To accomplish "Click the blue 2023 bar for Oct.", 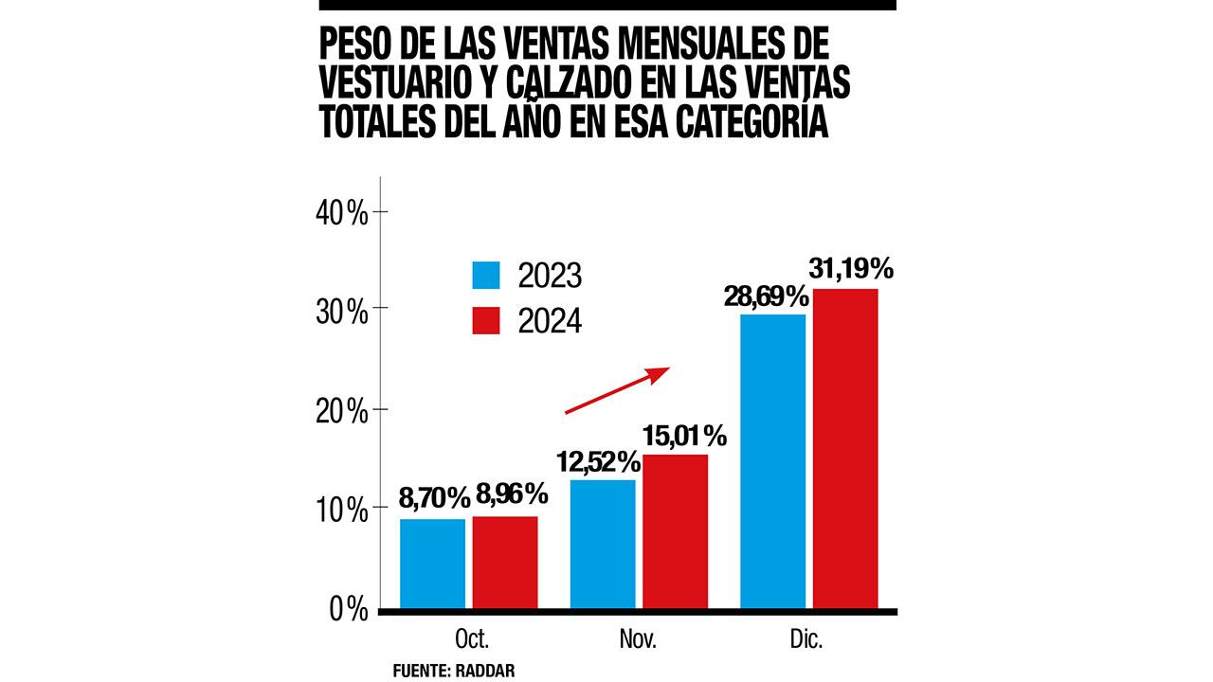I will [432, 563].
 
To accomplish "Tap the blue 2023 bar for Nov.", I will [603, 544].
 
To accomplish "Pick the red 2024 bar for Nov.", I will [675, 530].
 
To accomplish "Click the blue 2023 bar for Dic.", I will [772, 460].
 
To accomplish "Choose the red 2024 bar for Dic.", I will [845, 448].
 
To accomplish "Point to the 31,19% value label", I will [850, 269].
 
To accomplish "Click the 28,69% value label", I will [768, 295].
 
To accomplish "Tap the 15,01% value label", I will [684, 437].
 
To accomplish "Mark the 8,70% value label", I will [432, 495].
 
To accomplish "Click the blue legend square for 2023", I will [486, 275].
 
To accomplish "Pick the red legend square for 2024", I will [486, 320].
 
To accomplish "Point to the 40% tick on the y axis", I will [342, 212].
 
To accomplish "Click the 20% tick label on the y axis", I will [342, 411].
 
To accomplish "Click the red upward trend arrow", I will [617, 390].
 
